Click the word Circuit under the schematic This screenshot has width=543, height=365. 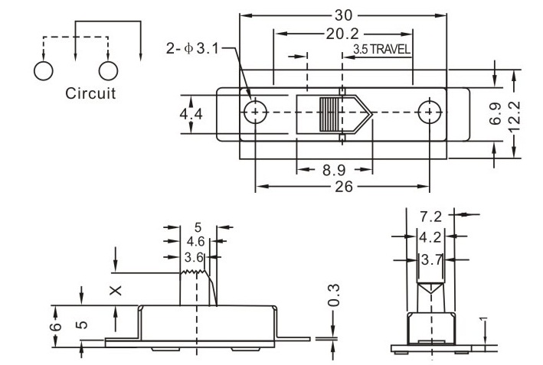pos(90,95)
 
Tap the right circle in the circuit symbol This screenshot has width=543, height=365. pos(109,70)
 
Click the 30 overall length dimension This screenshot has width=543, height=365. pos(343,15)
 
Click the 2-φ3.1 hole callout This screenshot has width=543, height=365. pos(193,50)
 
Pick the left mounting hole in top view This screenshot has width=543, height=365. pos(256,112)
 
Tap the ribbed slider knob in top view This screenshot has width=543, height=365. pos(329,116)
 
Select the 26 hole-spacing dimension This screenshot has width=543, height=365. pos(345,187)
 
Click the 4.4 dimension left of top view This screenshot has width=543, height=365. pos(191,113)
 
